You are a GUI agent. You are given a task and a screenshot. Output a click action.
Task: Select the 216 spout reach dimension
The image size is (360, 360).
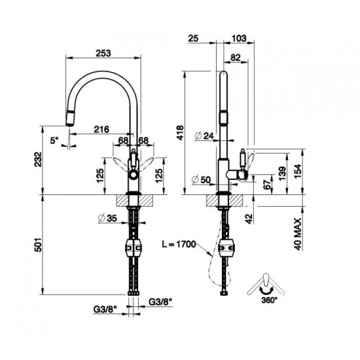[101, 130]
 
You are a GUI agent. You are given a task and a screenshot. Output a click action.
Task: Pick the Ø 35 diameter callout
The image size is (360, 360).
[104, 219]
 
